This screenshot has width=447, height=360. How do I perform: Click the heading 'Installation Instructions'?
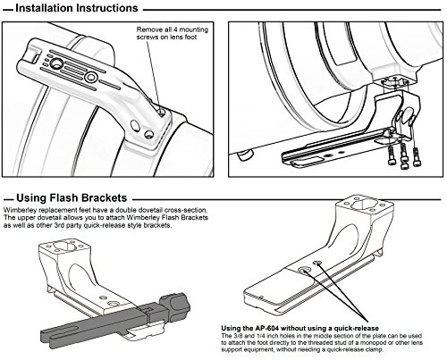(x=77, y=8)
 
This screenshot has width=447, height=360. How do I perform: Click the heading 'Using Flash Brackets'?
(x=72, y=197)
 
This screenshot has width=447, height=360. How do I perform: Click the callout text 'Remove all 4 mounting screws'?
(x=173, y=33)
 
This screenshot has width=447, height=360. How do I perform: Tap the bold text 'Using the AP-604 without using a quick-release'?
(x=299, y=328)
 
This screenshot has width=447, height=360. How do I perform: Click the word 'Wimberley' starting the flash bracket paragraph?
(x=17, y=210)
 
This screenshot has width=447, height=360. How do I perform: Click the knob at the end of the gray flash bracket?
(x=175, y=306)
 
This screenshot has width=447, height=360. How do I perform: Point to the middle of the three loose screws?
(x=404, y=156)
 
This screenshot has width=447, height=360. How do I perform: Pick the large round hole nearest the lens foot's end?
(x=56, y=63)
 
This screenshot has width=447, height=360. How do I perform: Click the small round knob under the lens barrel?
(x=246, y=155)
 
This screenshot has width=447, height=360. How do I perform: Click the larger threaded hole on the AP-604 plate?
(x=304, y=270)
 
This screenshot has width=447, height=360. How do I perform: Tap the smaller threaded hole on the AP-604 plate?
(x=317, y=263)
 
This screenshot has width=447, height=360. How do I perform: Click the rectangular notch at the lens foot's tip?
(x=34, y=56)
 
